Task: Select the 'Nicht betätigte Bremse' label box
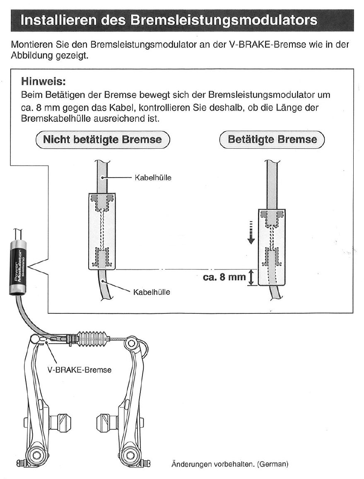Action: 103,140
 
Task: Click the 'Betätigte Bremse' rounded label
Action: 272,140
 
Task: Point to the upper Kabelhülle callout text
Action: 153,178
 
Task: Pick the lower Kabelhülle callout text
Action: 151,292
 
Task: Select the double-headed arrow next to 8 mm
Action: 251,277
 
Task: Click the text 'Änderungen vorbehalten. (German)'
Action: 229,464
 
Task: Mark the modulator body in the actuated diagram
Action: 272,247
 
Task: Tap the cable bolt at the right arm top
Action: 132,343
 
